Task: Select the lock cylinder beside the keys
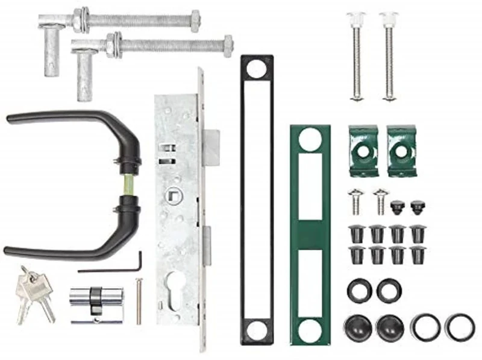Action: pos(96,299)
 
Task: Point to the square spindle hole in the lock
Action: pos(172,195)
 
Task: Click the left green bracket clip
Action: pos(363,151)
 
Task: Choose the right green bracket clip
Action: pos(401,151)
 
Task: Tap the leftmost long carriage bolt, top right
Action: pos(356,57)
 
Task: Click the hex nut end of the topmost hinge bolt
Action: pos(195,21)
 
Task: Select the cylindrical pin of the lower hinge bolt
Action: pos(85,75)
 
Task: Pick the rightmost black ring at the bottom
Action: pos(460,326)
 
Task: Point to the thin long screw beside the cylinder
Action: pos(139,302)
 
